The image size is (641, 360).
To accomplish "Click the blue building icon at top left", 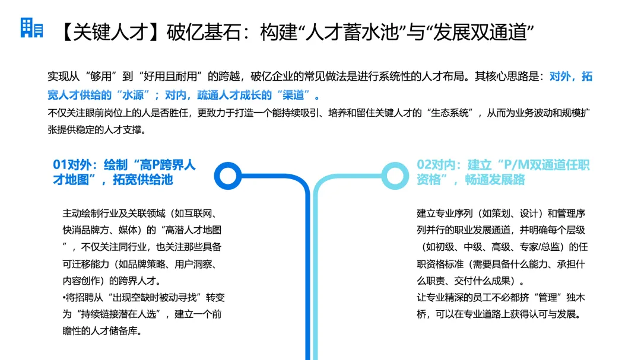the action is click(x=31, y=28).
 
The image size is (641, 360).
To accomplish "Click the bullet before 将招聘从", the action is click(x=64, y=297).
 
